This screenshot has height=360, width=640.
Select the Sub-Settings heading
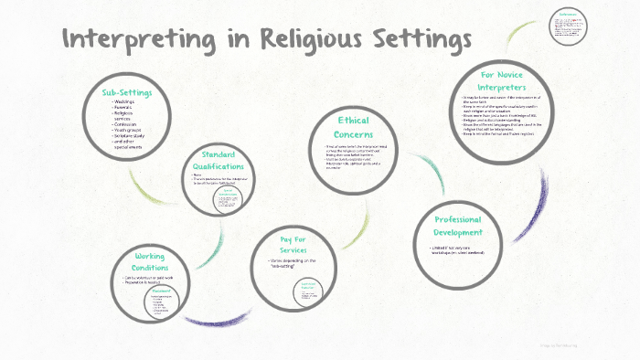[x=127, y=92]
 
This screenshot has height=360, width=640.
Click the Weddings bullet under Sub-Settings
[x=126, y=102]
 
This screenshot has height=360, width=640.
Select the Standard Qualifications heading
[x=224, y=160]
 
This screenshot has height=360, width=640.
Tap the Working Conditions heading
[x=150, y=262]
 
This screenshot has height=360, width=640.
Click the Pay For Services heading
[x=292, y=244]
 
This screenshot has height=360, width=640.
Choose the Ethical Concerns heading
[x=357, y=128]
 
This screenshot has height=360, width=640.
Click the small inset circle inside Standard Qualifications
[x=229, y=199]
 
